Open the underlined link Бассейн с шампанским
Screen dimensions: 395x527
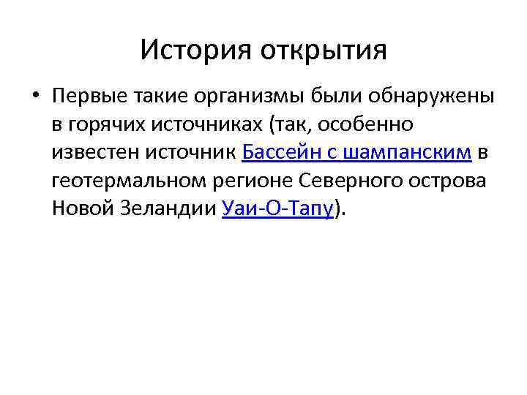[355, 153]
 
